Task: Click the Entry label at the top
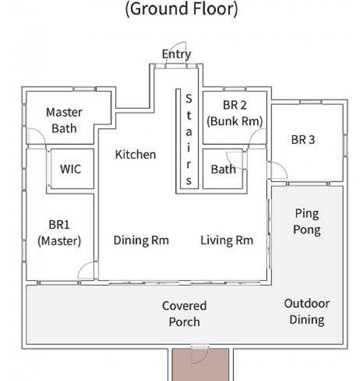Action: pyautogui.click(x=176, y=54)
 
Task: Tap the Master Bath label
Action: pyautogui.click(x=64, y=121)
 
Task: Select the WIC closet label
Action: pyautogui.click(x=71, y=169)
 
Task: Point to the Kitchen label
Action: pyautogui.click(x=135, y=154)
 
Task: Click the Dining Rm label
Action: pyautogui.click(x=141, y=240)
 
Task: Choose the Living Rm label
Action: pyautogui.click(x=227, y=240)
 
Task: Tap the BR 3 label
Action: pyautogui.click(x=303, y=140)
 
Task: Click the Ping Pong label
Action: pyautogui.click(x=307, y=222)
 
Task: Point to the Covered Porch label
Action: pyautogui.click(x=184, y=314)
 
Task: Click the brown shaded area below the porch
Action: pyautogui.click(x=201, y=365)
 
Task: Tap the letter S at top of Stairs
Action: pyautogui.click(x=189, y=98)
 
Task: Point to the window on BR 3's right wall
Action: pyautogui.click(x=346, y=145)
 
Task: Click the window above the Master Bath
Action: pyautogui.click(x=85, y=89)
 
